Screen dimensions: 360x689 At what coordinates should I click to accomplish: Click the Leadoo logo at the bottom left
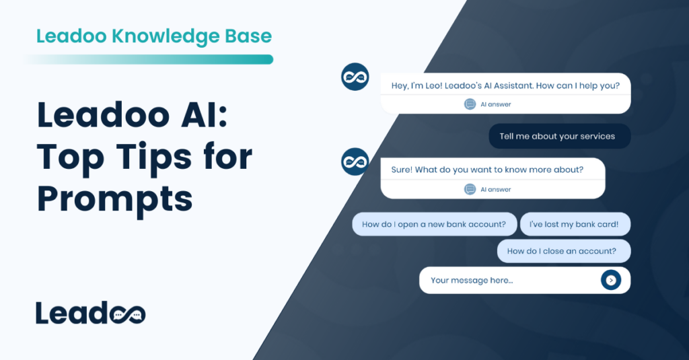click(x=90, y=312)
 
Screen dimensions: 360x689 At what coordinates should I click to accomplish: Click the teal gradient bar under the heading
click(x=148, y=60)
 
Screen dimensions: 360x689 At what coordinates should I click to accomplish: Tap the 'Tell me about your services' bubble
click(x=557, y=136)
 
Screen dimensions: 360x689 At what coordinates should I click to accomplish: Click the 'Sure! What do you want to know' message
click(x=487, y=170)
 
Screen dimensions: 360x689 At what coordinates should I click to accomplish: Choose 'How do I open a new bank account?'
click(x=434, y=224)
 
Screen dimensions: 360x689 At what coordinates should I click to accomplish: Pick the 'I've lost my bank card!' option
click(x=575, y=224)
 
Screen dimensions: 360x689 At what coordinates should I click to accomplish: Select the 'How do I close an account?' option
click(x=562, y=251)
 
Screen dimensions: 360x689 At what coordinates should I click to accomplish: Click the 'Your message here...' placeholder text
click(x=472, y=280)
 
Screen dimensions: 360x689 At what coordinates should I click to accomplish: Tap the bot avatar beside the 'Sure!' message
click(x=355, y=161)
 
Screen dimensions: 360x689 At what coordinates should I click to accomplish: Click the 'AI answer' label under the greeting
click(x=496, y=104)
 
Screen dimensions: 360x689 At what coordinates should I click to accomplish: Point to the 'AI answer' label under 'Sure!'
click(x=496, y=189)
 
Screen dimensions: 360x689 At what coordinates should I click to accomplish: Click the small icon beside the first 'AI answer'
click(x=470, y=104)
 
